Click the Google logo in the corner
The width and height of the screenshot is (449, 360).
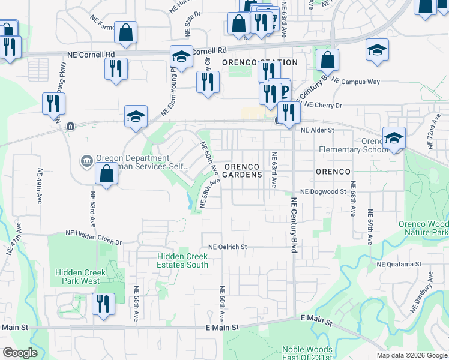click(x=20, y=352)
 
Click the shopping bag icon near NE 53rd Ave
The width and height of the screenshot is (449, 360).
click(x=106, y=174)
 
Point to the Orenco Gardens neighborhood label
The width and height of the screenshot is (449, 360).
click(x=243, y=170)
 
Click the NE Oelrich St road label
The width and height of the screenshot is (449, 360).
click(x=228, y=247)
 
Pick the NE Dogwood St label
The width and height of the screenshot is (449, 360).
click(x=324, y=191)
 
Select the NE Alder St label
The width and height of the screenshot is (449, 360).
click(x=317, y=130)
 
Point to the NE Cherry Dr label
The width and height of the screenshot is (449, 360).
click(x=322, y=105)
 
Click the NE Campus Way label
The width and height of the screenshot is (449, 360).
click(x=356, y=80)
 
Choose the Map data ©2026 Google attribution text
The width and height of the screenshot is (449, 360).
click(x=411, y=355)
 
